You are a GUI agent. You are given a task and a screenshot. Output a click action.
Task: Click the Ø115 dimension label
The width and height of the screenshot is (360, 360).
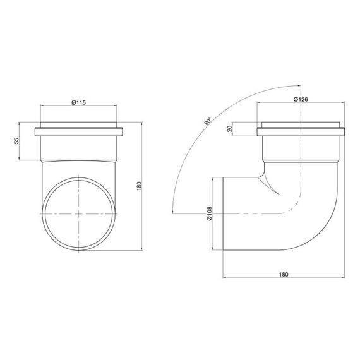(x=79, y=102)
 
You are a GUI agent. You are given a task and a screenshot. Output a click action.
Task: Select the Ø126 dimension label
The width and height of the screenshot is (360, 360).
(x=301, y=99)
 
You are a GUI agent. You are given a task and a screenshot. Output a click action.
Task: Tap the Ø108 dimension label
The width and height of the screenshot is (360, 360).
(x=210, y=213)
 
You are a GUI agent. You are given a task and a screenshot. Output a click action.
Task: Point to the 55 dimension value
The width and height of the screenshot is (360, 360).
(x=17, y=141)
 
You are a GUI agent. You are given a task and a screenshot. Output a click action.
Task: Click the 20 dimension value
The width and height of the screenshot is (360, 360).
(x=230, y=129)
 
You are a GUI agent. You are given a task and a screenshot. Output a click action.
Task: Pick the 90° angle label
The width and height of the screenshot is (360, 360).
(x=208, y=121)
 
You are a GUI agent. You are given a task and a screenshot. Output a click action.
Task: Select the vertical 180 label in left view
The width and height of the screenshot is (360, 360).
(x=139, y=186)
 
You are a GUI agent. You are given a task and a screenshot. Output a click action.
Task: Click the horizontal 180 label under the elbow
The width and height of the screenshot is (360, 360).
(x=284, y=274)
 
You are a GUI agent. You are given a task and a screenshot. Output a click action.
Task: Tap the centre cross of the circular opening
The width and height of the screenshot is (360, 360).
(x=78, y=213)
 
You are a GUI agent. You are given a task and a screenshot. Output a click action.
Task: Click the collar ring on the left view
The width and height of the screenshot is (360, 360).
(x=78, y=131)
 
